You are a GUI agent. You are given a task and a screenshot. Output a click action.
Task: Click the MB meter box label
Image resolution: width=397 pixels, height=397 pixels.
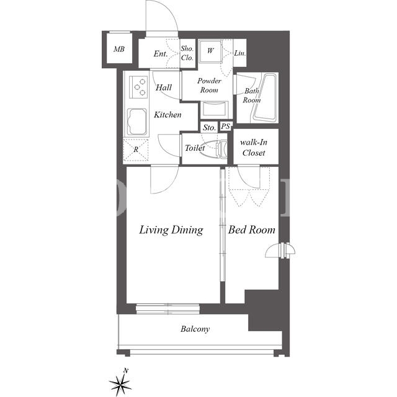click(119, 49)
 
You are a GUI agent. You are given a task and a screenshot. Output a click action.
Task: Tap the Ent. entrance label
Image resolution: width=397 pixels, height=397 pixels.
click(161, 54)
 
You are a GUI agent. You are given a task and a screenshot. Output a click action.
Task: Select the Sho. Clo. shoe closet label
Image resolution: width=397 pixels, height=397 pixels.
click(187, 53)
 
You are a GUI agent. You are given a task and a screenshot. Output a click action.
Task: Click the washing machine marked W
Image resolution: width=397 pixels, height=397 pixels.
click(210, 51)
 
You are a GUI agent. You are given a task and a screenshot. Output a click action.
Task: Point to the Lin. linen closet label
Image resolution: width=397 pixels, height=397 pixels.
click(240, 53)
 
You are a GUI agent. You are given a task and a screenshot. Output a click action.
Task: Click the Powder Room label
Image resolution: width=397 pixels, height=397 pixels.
click(209, 86)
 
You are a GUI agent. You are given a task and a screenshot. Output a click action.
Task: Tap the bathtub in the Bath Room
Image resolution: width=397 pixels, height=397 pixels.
click(265, 97)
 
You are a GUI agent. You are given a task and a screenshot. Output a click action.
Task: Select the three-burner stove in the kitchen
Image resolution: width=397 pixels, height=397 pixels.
click(138, 87)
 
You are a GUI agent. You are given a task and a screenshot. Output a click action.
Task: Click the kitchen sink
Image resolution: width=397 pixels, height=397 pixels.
click(137, 122)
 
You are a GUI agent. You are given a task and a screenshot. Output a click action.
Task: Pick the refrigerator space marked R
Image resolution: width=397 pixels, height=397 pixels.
click(136, 150)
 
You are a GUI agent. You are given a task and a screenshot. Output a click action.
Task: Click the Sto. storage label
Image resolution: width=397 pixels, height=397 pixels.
click(210, 128)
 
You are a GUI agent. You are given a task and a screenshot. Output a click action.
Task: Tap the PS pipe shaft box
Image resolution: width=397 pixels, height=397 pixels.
click(225, 127)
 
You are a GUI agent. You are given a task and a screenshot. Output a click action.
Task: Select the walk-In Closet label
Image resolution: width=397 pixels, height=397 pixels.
click(254, 148)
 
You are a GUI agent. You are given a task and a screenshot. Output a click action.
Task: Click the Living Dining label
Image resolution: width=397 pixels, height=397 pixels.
click(171, 230)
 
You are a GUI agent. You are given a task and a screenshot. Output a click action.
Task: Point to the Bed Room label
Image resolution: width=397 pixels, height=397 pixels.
click(252, 230)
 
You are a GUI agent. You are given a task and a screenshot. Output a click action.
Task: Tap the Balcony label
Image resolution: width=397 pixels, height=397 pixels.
click(195, 329)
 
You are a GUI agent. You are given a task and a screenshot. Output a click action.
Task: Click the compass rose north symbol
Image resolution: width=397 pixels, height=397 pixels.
click(120, 384)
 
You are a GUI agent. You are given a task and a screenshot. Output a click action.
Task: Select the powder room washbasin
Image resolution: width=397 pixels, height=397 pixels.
click(214, 109)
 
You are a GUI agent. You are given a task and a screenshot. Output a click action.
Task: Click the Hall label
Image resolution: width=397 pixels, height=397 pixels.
click(164, 87)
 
